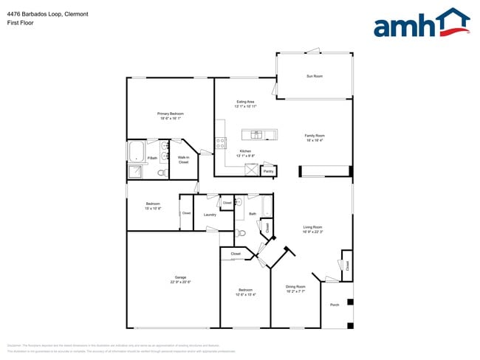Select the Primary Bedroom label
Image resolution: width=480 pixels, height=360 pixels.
[171, 114]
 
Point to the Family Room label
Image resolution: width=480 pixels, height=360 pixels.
[315, 136]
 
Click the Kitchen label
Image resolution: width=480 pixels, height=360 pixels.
[245, 151]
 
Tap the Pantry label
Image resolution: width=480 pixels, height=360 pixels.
[268, 171]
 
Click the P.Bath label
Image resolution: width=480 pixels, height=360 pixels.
[152, 158]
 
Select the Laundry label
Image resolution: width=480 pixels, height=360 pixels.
[209, 215]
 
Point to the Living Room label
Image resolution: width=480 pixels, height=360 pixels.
[312, 227]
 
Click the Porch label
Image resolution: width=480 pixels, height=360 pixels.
[335, 305]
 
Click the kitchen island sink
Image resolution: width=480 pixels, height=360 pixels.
[256, 134]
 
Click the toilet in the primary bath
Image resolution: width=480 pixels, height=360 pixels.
[162, 173]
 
